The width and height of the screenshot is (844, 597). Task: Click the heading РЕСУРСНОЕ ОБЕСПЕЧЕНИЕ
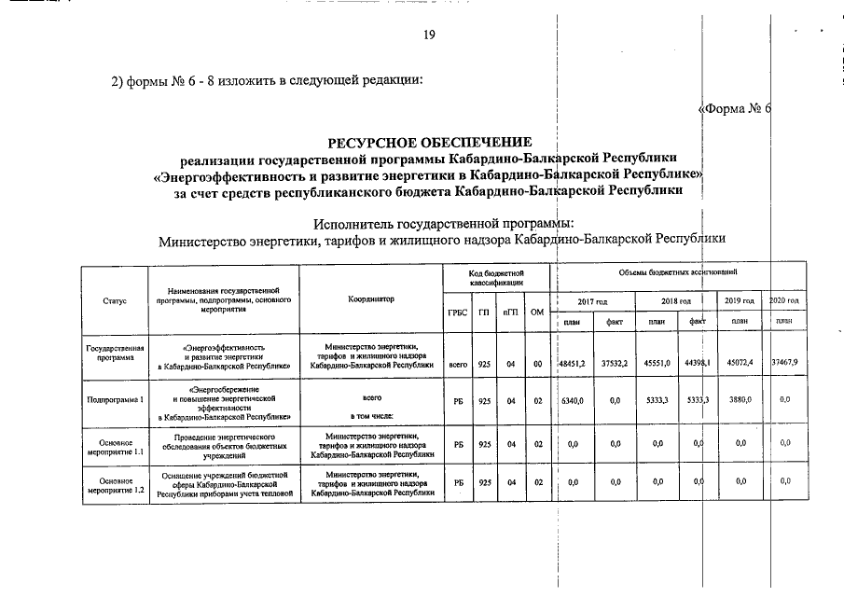[x=429, y=142]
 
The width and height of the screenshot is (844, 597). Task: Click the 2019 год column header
[x=740, y=301]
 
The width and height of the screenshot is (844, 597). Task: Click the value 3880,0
[x=740, y=399]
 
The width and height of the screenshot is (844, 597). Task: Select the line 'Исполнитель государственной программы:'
[x=444, y=224]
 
